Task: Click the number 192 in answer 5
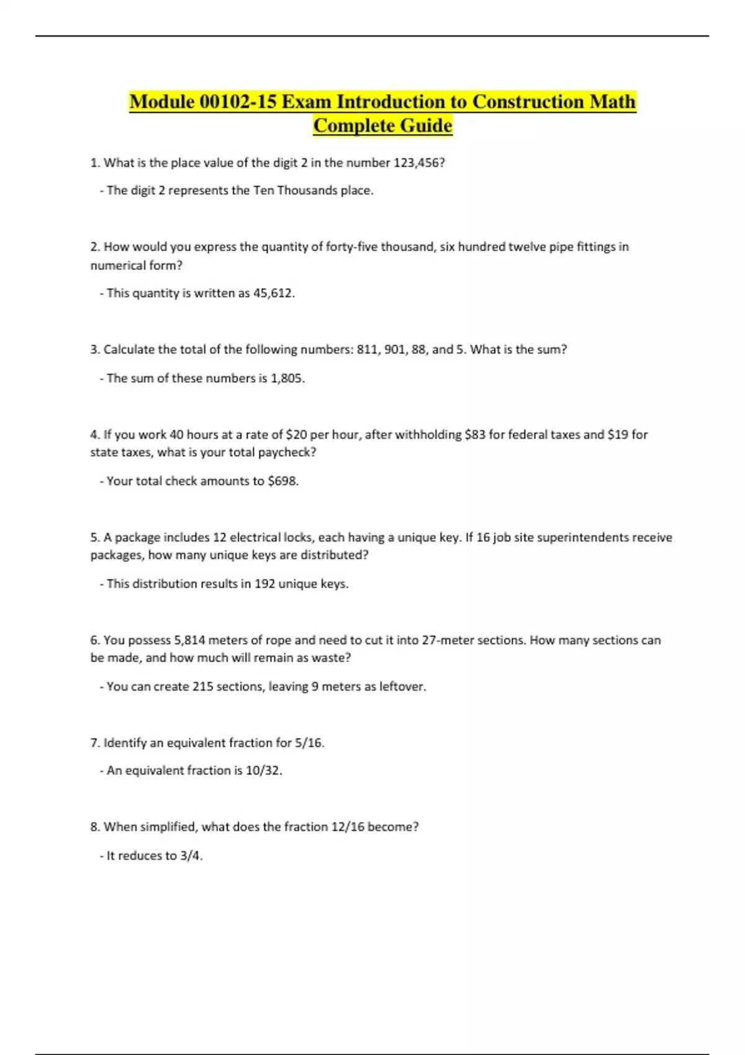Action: tap(264, 584)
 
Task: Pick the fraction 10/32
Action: tap(263, 771)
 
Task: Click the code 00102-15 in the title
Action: tap(238, 102)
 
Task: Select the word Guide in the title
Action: tap(426, 125)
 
